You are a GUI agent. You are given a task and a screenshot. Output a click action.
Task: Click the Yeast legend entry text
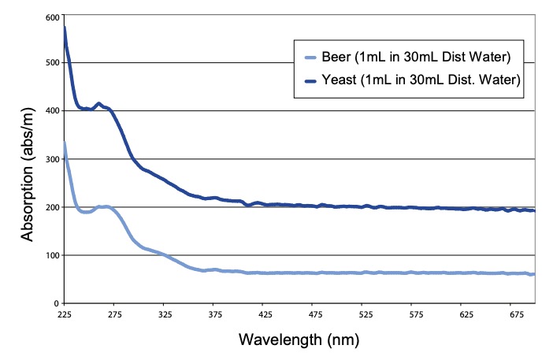pyautogui.click(x=422, y=80)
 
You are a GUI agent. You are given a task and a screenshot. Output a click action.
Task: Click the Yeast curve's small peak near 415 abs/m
pyautogui.click(x=98, y=103)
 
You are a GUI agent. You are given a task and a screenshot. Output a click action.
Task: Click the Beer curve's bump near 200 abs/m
pyautogui.click(x=104, y=206)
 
